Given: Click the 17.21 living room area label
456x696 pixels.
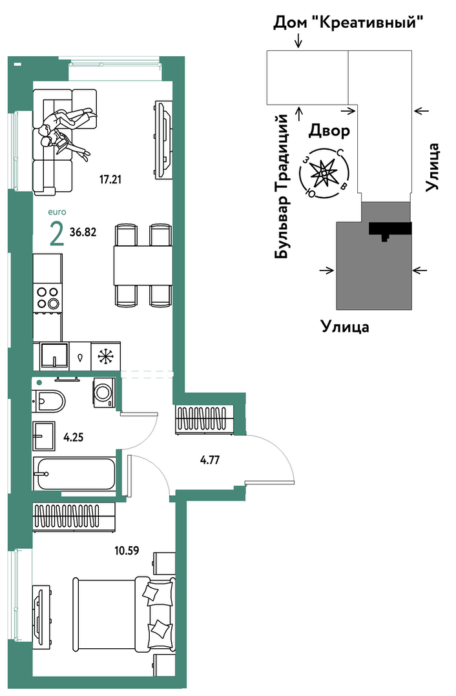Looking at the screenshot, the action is (110, 179).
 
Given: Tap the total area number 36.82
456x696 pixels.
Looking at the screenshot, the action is (83, 232).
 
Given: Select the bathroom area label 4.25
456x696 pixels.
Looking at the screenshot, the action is (73, 437).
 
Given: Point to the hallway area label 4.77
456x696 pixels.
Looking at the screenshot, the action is (209, 460).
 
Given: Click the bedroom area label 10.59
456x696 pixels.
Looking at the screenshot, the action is (127, 551).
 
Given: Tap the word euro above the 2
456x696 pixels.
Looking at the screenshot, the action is (57, 212).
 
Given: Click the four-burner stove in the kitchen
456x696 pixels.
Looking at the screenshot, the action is (48, 298).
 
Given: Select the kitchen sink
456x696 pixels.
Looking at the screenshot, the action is (54, 356).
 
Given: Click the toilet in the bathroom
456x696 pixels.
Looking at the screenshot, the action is (49, 402).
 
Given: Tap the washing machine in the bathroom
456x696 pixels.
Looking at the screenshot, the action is (105, 392).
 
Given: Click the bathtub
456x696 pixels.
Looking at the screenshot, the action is (74, 474).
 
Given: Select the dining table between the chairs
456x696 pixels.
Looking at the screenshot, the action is (143, 265).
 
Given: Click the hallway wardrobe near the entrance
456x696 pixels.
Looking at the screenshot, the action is (205, 418).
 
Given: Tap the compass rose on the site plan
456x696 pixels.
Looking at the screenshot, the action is (325, 172).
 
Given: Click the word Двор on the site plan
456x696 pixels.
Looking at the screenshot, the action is (329, 130).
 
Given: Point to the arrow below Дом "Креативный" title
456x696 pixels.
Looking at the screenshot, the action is (298, 41).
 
